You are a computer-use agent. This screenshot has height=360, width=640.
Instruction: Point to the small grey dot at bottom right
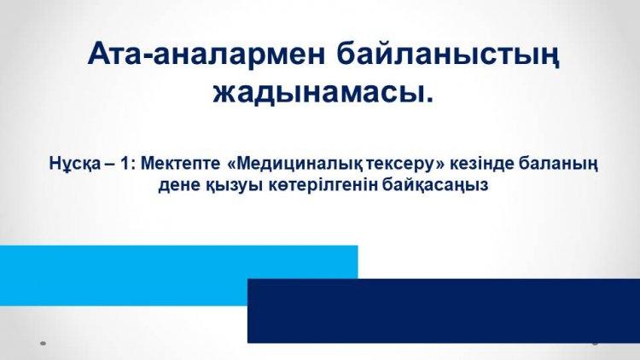pos(595,343)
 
